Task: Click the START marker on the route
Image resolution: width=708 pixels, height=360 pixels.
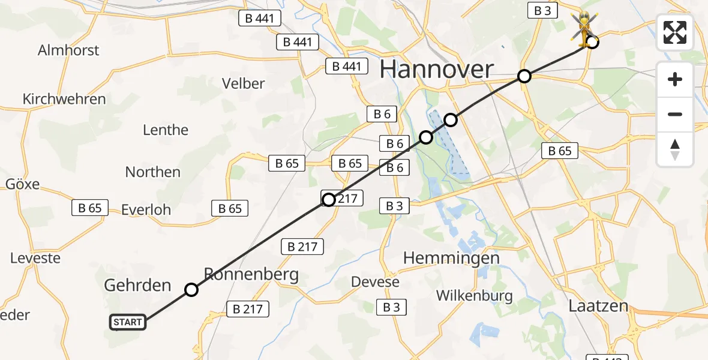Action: pyautogui.click(x=127, y=322)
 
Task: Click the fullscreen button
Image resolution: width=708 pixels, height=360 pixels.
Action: pyautogui.click(x=675, y=33)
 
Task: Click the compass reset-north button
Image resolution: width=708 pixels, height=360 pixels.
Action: pyautogui.click(x=675, y=149)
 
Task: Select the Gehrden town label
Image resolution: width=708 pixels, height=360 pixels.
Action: pyautogui.click(x=137, y=285)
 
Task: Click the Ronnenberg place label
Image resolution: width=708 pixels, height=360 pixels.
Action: pyautogui.click(x=251, y=275)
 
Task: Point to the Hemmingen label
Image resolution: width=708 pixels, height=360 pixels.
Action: pyautogui.click(x=451, y=258)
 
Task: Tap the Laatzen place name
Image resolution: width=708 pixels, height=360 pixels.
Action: pyautogui.click(x=598, y=306)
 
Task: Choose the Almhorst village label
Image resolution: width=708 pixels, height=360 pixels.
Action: pyautogui.click(x=68, y=50)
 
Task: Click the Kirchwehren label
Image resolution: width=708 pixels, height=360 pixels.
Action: pyautogui.click(x=64, y=99)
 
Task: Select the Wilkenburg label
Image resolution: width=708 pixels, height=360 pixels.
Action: pyautogui.click(x=475, y=295)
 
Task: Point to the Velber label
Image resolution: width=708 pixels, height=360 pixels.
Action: pyautogui.click(x=243, y=83)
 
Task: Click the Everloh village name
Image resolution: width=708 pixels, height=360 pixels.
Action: pyautogui.click(x=146, y=210)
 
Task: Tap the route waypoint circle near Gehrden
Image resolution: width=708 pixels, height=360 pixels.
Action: pyautogui.click(x=191, y=290)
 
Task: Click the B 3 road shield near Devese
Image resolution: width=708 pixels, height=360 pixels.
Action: pyautogui.click(x=391, y=307)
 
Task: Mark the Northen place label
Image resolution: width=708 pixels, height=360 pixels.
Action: pyautogui.click(x=152, y=172)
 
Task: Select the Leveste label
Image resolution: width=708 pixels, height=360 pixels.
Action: pyautogui.click(x=35, y=259)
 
